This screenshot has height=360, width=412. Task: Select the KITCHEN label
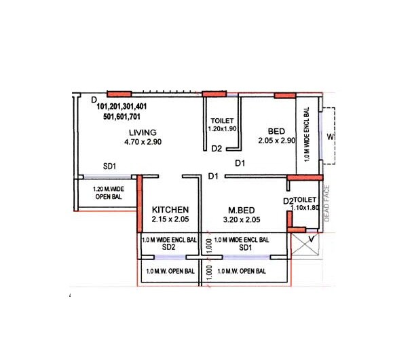pos(170,210)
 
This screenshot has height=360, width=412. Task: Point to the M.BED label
pos(241,210)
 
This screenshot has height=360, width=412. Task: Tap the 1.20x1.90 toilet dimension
pos(221,128)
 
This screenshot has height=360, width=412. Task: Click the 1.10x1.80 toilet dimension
pos(305,209)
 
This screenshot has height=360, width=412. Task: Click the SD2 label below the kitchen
pos(169,248)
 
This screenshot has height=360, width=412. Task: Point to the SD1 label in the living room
pos(110,166)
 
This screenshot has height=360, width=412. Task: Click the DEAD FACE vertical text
pos(326,203)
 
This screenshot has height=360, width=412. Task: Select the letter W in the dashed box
pos(330,137)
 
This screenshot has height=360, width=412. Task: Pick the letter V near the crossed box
pos(311,239)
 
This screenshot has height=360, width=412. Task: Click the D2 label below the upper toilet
pos(217,148)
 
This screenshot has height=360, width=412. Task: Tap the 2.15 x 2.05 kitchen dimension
pos(170,219)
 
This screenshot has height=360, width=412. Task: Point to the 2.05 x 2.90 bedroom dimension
pos(277,141)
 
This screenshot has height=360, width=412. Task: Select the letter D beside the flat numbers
pos(94,100)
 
